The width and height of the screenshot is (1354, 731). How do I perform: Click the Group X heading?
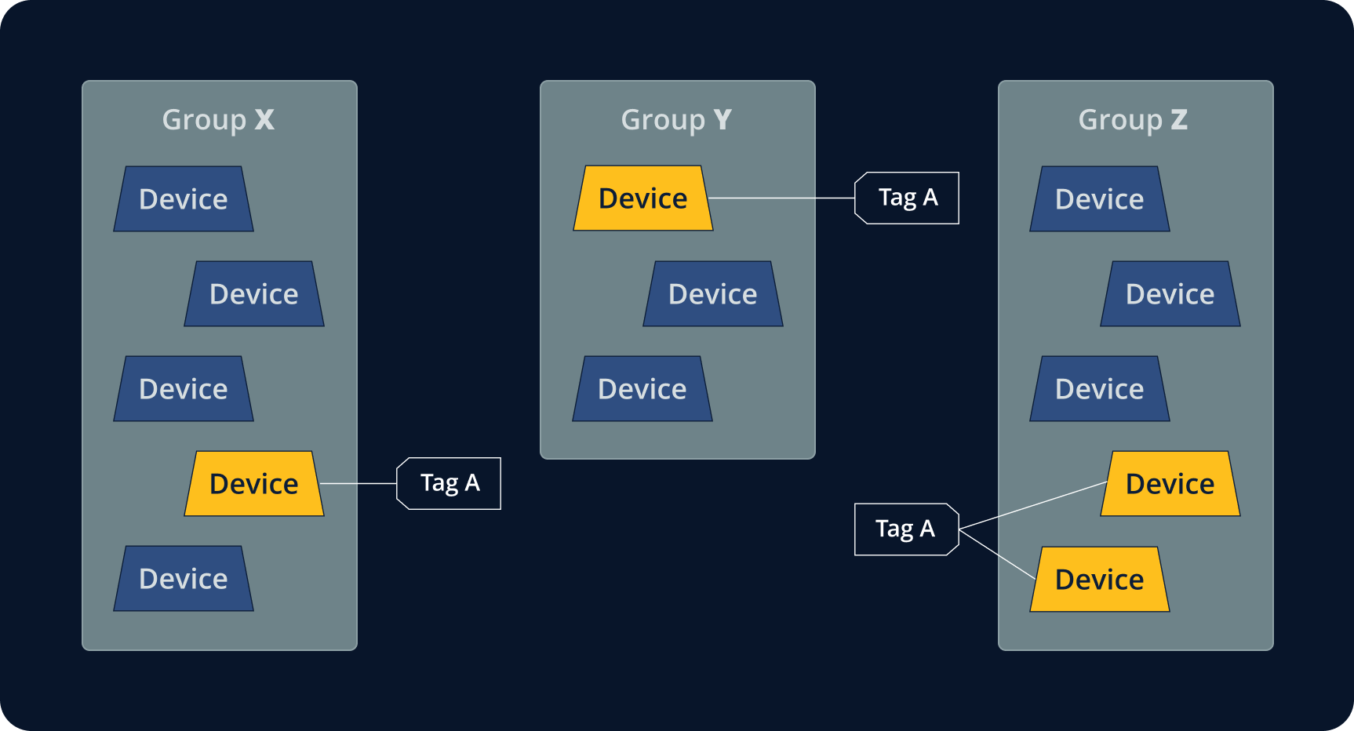(x=218, y=120)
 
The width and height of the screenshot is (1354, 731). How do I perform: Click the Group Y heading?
(x=676, y=120)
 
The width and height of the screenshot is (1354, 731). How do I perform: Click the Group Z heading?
(x=1133, y=120)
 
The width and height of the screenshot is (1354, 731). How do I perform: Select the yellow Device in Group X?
(x=254, y=484)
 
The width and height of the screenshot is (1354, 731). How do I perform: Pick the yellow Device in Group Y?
(x=643, y=198)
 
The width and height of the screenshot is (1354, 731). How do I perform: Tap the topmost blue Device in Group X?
(x=184, y=199)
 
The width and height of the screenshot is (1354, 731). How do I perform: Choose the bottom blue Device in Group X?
(x=184, y=579)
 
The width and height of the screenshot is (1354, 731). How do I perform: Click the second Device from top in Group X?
(x=254, y=294)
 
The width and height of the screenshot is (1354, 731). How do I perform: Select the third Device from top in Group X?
(x=184, y=389)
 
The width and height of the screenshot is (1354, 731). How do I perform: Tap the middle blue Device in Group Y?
(x=713, y=294)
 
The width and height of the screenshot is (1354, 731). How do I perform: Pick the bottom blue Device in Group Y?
(x=642, y=389)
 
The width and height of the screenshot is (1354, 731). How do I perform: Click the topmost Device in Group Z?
(x=1100, y=199)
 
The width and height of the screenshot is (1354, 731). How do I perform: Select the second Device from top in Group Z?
(x=1170, y=294)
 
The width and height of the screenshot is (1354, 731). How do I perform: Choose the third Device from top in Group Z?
(x=1100, y=389)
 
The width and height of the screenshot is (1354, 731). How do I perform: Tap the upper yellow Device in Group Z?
(x=1170, y=484)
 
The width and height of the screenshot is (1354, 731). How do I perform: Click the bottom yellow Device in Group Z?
(x=1100, y=580)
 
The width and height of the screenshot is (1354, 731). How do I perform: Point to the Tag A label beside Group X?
(x=450, y=483)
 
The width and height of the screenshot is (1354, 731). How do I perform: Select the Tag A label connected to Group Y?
(x=908, y=198)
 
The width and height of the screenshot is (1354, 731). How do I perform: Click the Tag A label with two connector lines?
(x=905, y=529)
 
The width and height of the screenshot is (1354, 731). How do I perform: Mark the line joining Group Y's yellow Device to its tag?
(x=781, y=198)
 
